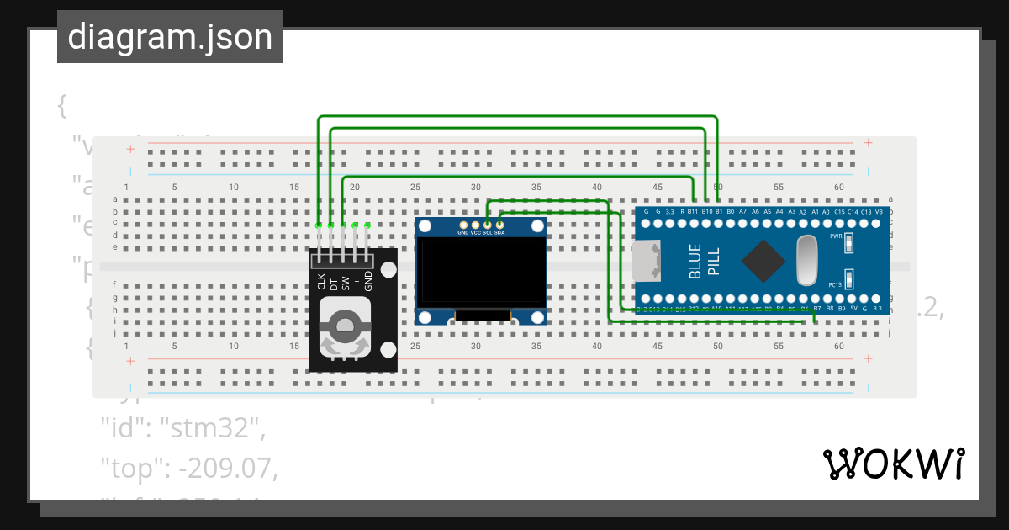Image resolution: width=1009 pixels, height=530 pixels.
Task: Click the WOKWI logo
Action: (893, 464)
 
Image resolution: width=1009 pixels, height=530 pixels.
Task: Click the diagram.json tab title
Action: (170, 37)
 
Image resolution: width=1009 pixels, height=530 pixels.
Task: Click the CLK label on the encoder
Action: (321, 281)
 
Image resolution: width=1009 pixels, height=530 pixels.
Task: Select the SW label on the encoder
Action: (345, 281)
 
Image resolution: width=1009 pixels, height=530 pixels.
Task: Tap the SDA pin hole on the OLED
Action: (499, 225)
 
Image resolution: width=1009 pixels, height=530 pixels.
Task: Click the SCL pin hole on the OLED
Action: (488, 225)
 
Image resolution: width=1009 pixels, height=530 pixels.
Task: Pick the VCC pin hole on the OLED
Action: (475, 225)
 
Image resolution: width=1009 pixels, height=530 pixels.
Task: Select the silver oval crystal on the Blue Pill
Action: (805, 259)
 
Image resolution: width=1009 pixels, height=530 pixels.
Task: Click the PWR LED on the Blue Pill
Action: (849, 243)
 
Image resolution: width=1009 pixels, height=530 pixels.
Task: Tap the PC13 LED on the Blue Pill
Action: (849, 278)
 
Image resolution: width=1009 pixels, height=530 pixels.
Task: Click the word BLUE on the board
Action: (695, 262)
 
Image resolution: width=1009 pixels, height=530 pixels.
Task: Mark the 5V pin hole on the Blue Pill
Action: (854, 299)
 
